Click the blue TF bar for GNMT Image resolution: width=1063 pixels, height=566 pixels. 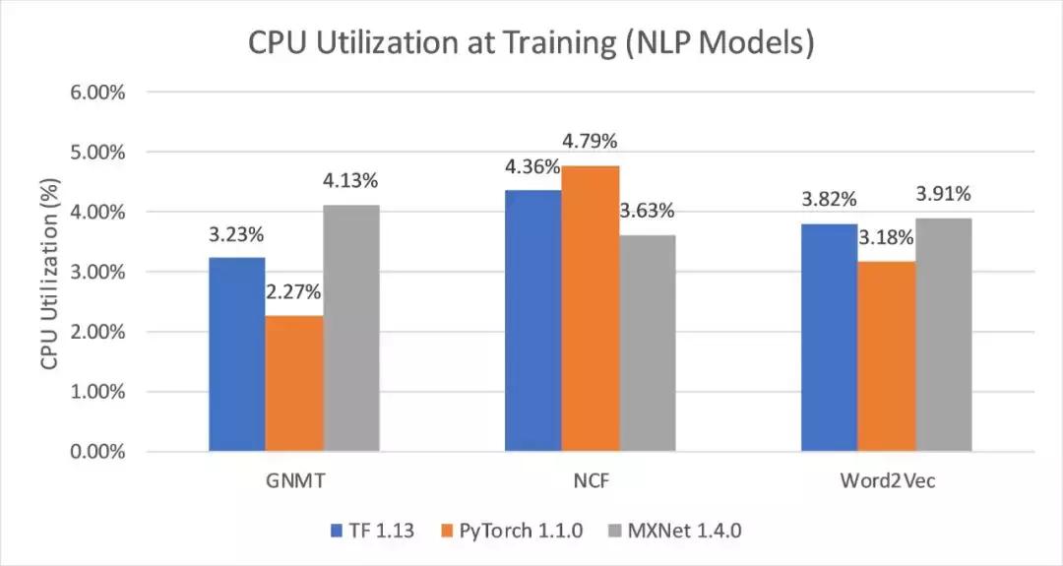point(237,354)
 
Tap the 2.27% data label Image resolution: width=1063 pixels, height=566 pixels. point(295,292)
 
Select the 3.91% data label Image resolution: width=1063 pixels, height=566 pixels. point(944,192)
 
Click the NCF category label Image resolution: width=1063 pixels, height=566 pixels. point(591,484)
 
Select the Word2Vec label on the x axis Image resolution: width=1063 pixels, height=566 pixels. point(886,484)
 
